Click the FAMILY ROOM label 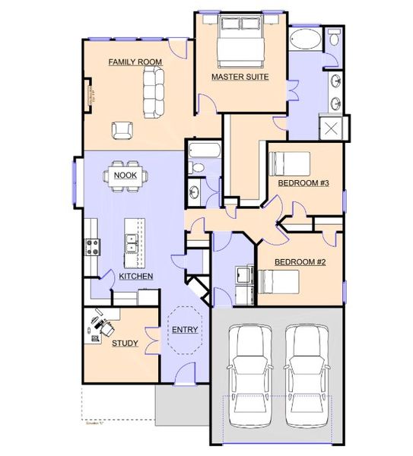[135, 62]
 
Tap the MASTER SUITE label [240, 77]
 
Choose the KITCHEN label [136, 276]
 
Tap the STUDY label [125, 343]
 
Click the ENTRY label [185, 329]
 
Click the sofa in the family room [154, 90]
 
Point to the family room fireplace [91, 95]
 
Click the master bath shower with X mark [332, 128]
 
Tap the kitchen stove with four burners [93, 247]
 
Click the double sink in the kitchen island [132, 243]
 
